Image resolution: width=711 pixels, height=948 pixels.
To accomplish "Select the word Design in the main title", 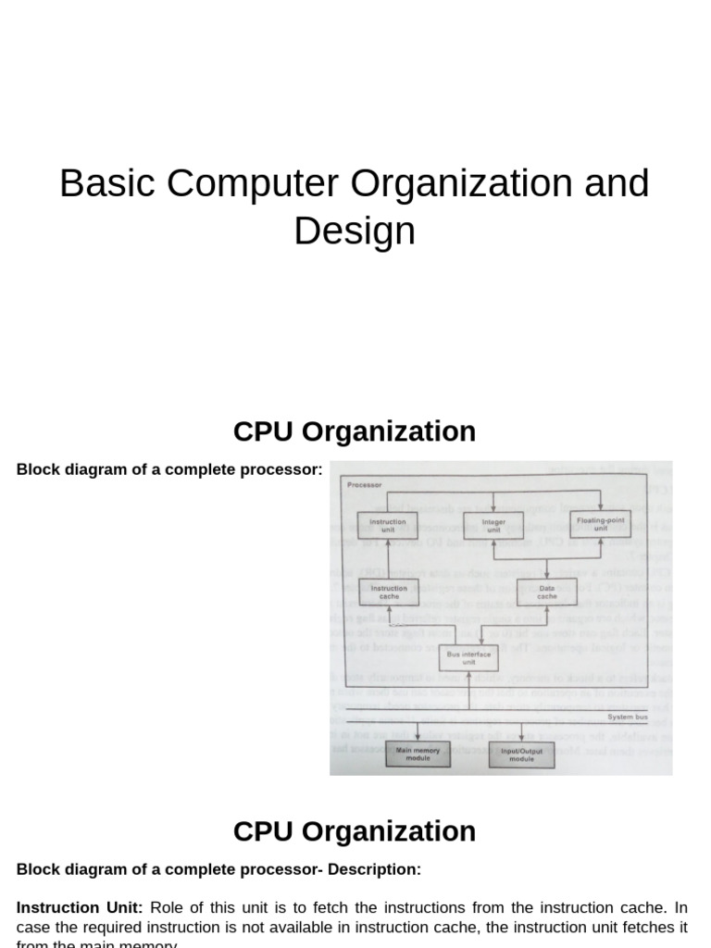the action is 355,231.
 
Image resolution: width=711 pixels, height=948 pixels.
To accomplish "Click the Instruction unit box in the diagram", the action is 387,525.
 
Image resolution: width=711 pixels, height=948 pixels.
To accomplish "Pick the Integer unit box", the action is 493,525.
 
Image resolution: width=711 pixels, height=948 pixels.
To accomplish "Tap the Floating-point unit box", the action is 600,525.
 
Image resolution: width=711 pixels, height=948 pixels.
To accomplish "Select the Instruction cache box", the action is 388,592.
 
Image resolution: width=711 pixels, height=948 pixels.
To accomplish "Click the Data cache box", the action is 547,592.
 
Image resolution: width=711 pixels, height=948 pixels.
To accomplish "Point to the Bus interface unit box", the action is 468,658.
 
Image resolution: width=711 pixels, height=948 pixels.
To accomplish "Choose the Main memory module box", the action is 418,755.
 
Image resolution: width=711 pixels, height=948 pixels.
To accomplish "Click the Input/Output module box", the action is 521,755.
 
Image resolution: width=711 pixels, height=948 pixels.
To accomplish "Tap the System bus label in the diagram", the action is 627,717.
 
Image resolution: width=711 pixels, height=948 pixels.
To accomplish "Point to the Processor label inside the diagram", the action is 364,484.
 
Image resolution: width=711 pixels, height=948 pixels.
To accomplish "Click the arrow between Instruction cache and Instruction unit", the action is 388,558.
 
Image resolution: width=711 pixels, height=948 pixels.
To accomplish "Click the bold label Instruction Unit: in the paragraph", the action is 80,907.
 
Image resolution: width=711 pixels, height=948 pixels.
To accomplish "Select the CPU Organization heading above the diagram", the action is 355,431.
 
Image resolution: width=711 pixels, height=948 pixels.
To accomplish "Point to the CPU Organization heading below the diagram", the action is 355,831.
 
